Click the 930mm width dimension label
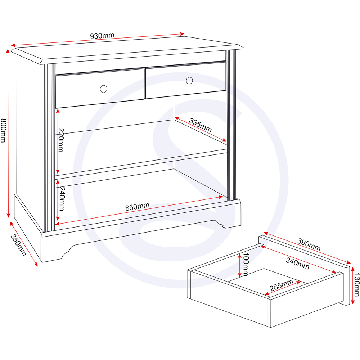tap(102, 36)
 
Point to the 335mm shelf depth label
tap(200, 124)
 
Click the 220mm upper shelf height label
tap(61, 140)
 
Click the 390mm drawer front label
tap(309, 244)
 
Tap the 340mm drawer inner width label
tap(298, 263)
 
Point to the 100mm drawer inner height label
tap(246, 264)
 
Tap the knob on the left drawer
tap(103, 89)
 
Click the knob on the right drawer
tap(189, 80)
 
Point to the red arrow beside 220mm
tap(58, 141)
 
